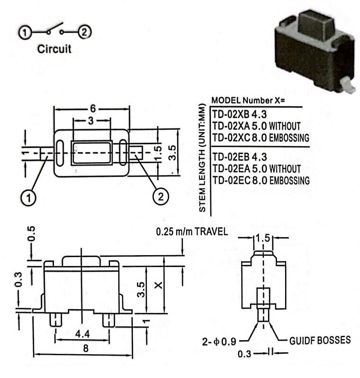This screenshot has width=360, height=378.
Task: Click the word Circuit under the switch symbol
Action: [54, 49]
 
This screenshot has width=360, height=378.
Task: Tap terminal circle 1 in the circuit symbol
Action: [25, 32]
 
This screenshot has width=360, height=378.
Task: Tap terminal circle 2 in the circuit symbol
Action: [84, 32]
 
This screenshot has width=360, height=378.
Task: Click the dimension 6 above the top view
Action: [93, 109]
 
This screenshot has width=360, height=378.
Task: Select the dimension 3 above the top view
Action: [91, 121]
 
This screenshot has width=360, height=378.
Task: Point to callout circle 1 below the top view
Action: [28, 198]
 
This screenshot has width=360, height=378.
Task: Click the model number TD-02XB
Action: [231, 114]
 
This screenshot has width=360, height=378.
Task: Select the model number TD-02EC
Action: [232, 180]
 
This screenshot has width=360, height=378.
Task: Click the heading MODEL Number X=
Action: [248, 100]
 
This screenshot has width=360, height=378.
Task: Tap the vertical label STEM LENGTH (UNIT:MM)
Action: [202, 158]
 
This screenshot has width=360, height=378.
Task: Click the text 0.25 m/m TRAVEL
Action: [192, 231]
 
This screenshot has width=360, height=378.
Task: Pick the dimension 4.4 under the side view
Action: [82, 334]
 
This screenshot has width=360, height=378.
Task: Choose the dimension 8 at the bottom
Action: [86, 349]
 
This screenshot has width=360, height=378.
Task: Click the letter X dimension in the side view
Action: [158, 286]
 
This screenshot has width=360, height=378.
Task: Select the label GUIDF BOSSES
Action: [320, 341]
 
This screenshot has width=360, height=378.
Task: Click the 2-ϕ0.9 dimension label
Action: [219, 341]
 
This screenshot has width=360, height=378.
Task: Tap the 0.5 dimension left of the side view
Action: [31, 234]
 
